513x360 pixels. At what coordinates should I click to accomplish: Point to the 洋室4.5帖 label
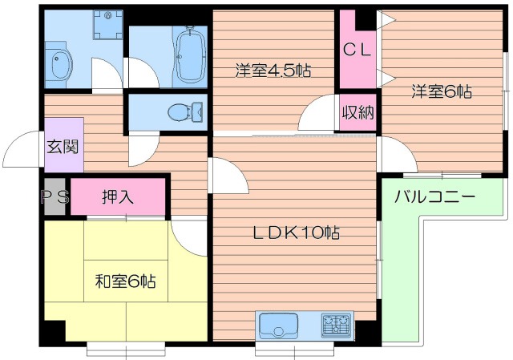point(273,71)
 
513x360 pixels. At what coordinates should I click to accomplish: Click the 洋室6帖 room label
point(442,91)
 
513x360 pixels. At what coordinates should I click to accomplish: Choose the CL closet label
point(357,50)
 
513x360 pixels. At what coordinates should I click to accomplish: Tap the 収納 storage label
point(357,112)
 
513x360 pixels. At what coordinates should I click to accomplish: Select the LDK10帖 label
point(297,233)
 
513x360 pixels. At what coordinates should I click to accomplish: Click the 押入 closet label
point(118,196)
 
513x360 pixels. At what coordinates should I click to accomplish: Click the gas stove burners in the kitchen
point(336,325)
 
